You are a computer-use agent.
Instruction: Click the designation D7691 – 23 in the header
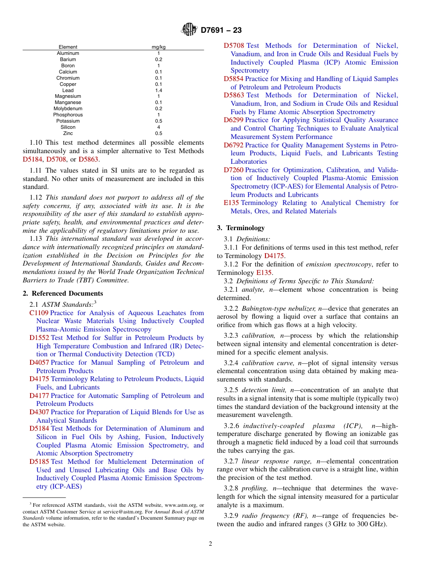pos(221,31)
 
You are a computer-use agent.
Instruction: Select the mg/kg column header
pos(159,47)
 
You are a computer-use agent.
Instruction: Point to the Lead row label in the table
pos(68,90)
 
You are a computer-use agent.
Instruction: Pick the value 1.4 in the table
pos(159,90)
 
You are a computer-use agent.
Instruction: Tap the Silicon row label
pos(68,127)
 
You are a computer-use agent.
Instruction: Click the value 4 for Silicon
pos(159,127)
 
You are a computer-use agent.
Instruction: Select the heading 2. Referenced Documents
pos(63,293)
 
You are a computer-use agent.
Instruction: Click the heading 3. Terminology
pos(241,228)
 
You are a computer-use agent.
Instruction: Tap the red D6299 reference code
pos(233,120)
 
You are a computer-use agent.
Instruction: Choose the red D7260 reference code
pos(233,170)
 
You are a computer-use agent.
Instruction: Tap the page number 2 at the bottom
pos(210,544)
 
